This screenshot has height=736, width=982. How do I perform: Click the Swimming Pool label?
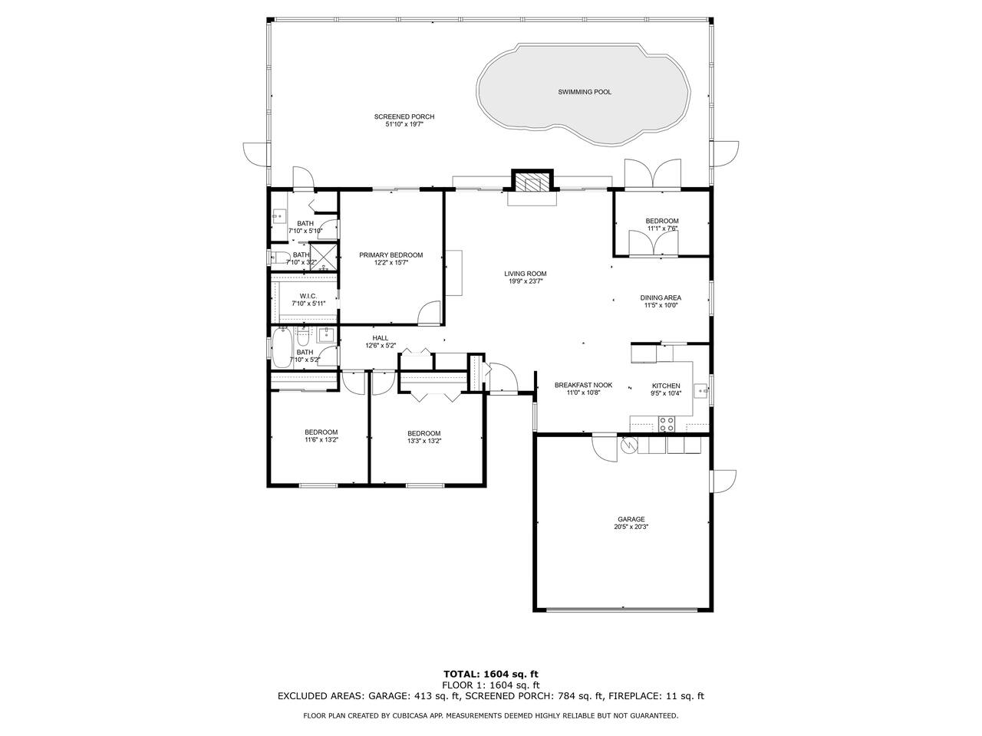pyautogui.click(x=584, y=92)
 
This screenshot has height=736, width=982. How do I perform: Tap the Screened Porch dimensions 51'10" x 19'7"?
pyautogui.click(x=404, y=124)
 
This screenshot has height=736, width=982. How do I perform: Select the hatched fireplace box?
pyautogui.click(x=532, y=180)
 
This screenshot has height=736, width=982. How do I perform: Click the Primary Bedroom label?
pyautogui.click(x=390, y=255)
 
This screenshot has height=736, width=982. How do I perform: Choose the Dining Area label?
pyautogui.click(x=661, y=297)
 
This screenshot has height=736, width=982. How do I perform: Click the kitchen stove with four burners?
pyautogui.click(x=666, y=424)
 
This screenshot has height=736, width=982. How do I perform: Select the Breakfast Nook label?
pyautogui.click(x=583, y=385)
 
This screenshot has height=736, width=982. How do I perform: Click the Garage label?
pyautogui.click(x=631, y=519)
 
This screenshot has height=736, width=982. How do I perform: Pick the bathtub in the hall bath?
pyautogui.click(x=282, y=347)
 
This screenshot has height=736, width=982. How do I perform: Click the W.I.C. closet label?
pyautogui.click(x=308, y=296)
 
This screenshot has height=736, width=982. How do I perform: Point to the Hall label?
pyautogui.click(x=381, y=338)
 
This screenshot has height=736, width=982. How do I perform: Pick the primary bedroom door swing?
pyautogui.click(x=430, y=312)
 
